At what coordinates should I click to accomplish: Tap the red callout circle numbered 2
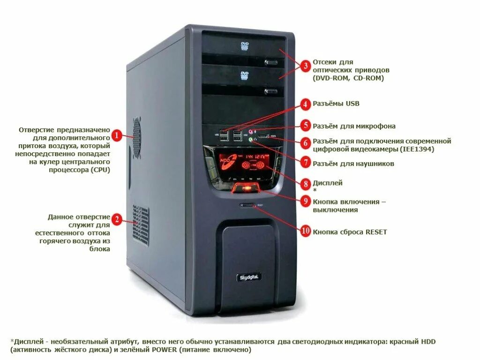coord(117,219)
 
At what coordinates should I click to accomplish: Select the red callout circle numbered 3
coord(305,66)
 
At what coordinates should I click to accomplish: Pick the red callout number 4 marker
coord(305,104)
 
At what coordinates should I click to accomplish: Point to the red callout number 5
coord(305,125)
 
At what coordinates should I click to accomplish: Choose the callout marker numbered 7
coord(305,163)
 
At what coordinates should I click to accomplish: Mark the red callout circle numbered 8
coord(305,183)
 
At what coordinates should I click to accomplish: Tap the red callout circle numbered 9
coord(305,201)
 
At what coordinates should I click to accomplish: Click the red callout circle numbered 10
coord(305,231)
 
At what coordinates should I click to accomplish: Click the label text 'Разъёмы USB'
coord(336,104)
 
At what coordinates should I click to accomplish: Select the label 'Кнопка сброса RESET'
coord(350,232)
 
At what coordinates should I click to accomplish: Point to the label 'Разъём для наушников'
coord(353,164)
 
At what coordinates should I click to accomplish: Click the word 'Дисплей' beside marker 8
coord(328,183)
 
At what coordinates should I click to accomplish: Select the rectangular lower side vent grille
coord(141,225)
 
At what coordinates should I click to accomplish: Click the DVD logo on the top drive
coord(244,45)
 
